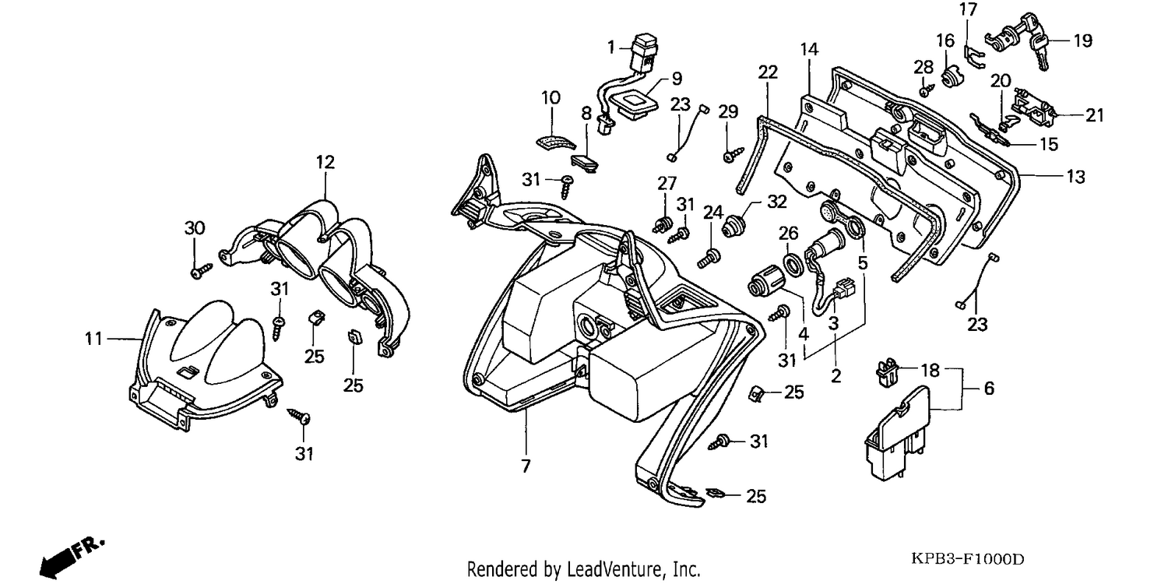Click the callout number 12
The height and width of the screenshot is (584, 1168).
(325, 162)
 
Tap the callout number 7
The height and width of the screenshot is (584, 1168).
(526, 466)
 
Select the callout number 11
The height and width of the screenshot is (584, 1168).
(94, 339)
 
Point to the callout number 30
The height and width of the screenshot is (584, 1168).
(195, 228)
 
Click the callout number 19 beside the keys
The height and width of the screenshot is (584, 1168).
(1082, 40)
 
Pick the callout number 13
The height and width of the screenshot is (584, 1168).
(1075, 177)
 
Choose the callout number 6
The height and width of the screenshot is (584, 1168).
(989, 389)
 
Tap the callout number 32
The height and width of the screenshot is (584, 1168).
(777, 202)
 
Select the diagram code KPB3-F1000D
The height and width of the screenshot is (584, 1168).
(967, 560)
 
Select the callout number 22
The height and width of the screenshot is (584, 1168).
(768, 72)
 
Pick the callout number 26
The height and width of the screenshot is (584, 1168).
(788, 233)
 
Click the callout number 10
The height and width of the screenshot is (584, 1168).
(551, 97)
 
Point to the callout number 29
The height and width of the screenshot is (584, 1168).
(728, 111)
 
